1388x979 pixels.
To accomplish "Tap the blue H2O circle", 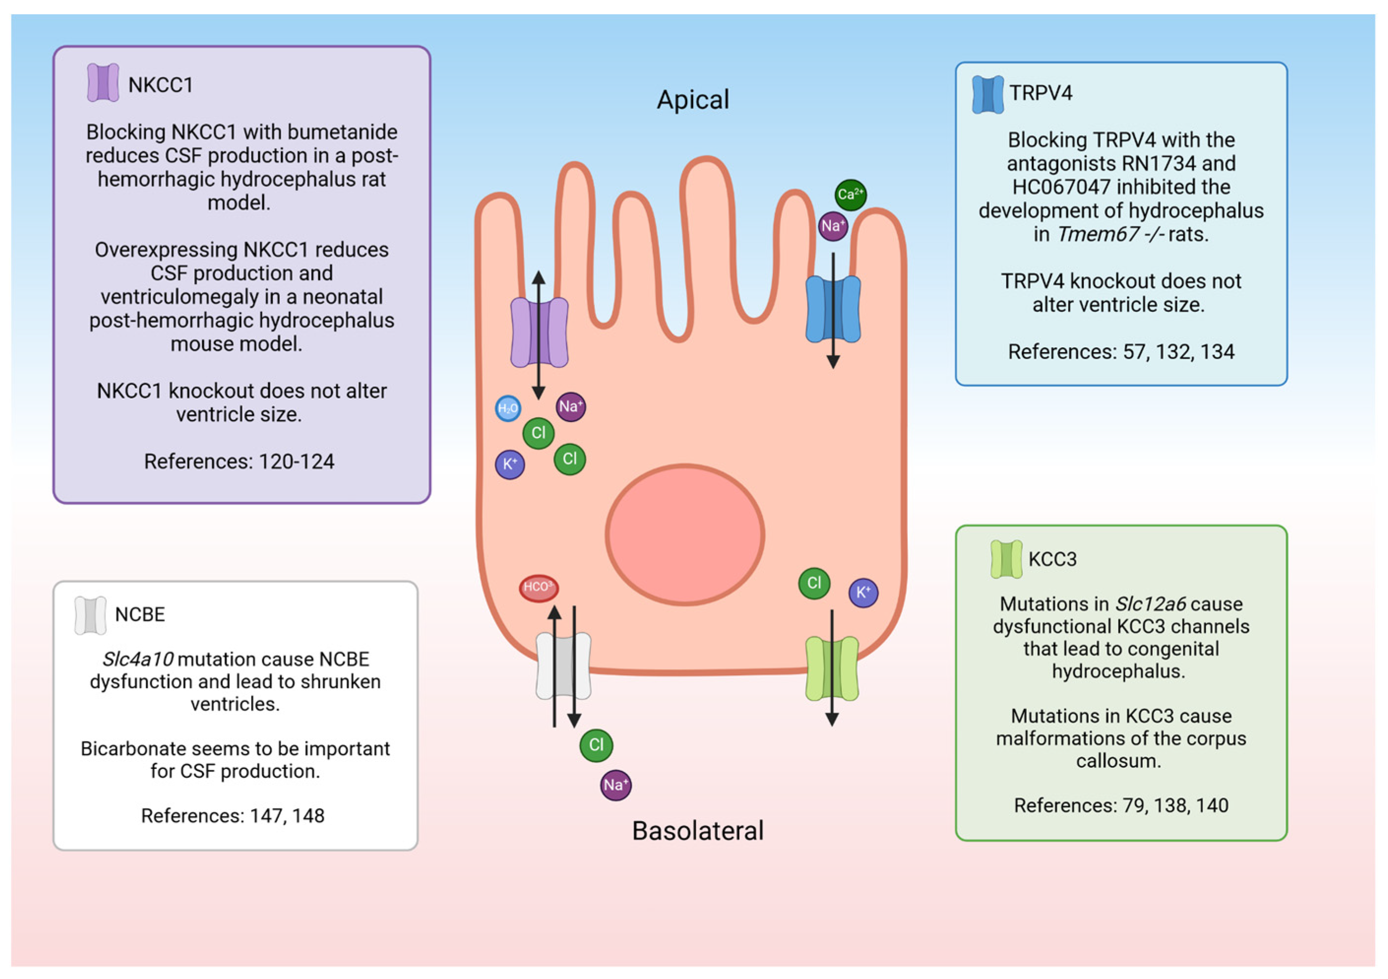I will pyautogui.click(x=508, y=408).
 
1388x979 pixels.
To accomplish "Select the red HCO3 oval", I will pyautogui.click(x=538, y=587).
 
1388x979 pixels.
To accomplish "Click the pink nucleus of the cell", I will pyautogui.click(x=685, y=534).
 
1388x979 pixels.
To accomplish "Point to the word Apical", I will pyautogui.click(x=693, y=100).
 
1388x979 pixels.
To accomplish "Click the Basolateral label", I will pyautogui.click(x=698, y=831).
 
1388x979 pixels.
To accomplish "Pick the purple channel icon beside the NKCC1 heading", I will pyautogui.click(x=103, y=83).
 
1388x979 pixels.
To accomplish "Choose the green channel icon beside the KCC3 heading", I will pyautogui.click(x=1006, y=559).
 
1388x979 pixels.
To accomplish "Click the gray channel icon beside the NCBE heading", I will pyautogui.click(x=90, y=615).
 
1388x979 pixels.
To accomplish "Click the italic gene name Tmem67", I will pyautogui.click(x=1097, y=234).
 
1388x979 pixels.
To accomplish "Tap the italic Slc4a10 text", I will pyautogui.click(x=138, y=659).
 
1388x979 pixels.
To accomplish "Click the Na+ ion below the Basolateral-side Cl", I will pyautogui.click(x=616, y=785).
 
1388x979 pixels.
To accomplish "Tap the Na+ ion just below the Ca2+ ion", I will pyautogui.click(x=833, y=226).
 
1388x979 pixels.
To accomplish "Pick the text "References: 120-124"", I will pyautogui.click(x=239, y=461).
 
